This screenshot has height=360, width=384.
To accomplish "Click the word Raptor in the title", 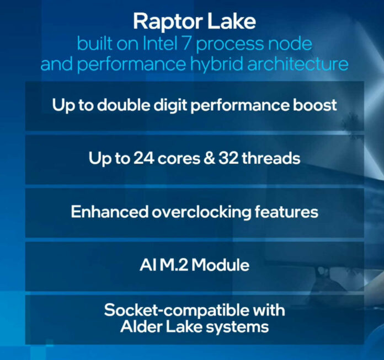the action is click(168, 22).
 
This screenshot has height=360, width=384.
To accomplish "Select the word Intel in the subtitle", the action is click(160, 44).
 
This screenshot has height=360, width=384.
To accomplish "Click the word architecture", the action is click(298, 63).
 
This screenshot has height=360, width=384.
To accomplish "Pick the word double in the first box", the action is click(123, 105).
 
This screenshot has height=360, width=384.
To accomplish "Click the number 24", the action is click(144, 158).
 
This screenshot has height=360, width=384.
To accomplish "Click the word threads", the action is click(271, 158).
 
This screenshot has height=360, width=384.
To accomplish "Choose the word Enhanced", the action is click(109, 212).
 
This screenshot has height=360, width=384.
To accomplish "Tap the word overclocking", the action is click(201, 212).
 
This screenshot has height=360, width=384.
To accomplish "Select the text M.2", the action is click(174, 265).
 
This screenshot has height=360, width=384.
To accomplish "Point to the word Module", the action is click(220, 265).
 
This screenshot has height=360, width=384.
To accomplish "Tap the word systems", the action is click(237, 327).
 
